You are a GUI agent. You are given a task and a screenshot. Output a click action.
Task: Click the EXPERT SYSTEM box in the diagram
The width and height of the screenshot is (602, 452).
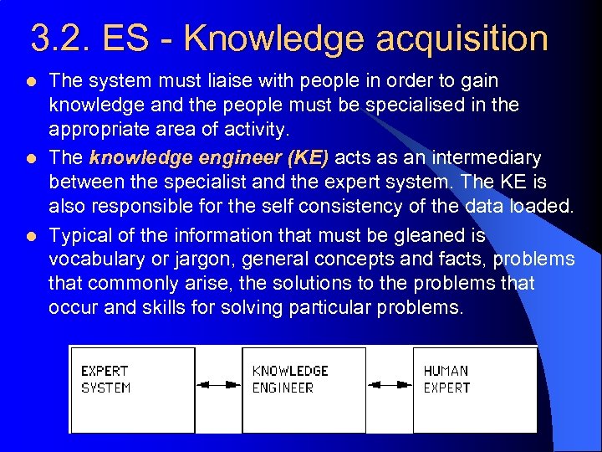coord(132,390)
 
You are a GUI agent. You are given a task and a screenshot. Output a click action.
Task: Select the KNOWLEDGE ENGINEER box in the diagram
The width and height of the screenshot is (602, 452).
coord(304,390)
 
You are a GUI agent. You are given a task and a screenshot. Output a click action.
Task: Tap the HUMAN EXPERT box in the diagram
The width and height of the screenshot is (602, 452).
coord(474,390)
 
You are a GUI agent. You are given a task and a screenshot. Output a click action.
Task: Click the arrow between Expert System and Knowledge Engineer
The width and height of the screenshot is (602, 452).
coord(218,385)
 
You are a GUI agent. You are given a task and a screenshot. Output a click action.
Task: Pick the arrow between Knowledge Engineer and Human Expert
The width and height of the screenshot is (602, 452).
coord(390,385)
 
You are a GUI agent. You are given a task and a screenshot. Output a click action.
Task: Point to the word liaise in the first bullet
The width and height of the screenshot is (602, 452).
coord(229,81)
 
